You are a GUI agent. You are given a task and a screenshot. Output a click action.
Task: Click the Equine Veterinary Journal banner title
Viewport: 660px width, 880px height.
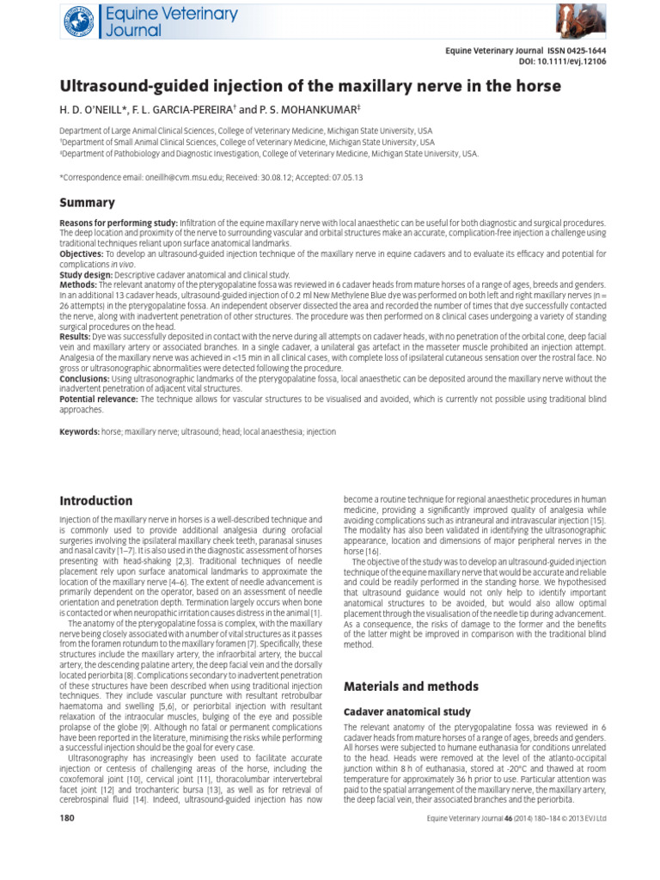pos(155,21)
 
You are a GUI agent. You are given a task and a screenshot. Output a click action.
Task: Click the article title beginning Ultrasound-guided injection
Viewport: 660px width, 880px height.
pos(309,87)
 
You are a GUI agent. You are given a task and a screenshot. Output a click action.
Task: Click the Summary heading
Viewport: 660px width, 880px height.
pos(87,203)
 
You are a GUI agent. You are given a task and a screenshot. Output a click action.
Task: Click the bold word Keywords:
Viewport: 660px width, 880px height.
pos(80,431)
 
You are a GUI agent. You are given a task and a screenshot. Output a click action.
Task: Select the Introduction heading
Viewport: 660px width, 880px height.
pos(95,501)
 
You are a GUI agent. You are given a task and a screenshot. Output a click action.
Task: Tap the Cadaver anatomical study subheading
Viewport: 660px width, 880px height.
pos(400,712)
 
